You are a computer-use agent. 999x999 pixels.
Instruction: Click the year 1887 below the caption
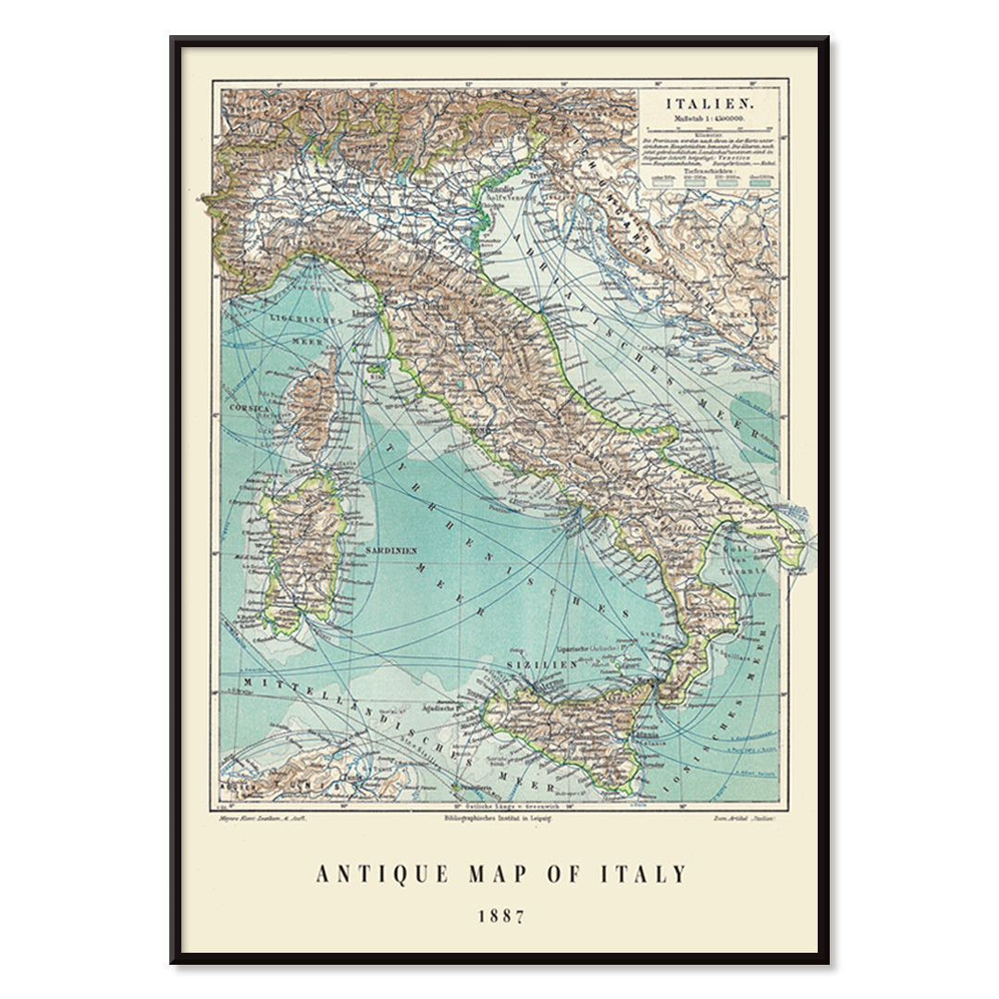pos(500,917)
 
